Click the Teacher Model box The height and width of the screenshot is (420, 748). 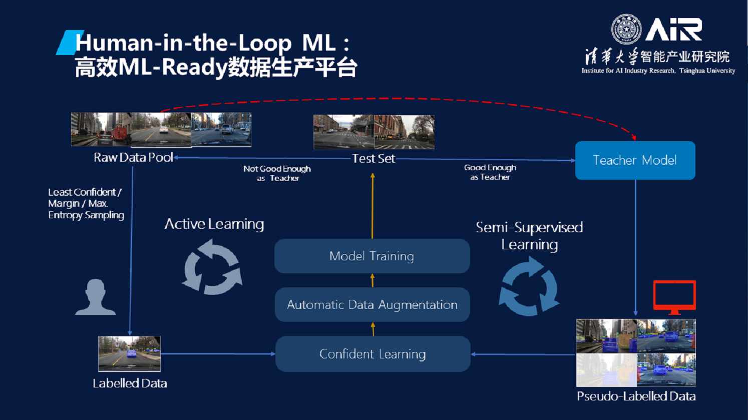(635, 160)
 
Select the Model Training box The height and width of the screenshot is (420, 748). (371, 256)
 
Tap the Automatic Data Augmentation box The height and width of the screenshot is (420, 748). (372, 304)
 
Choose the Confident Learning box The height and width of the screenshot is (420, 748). (372, 354)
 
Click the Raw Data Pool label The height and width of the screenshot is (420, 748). (133, 157)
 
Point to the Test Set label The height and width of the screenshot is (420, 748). (373, 158)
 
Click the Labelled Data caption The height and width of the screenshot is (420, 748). (130, 383)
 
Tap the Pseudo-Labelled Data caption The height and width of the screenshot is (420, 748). (636, 396)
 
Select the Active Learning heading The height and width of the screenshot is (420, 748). (214, 224)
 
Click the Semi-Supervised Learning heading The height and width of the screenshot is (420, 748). (529, 235)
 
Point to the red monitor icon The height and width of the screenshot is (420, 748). (674, 296)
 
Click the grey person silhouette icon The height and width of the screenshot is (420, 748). (95, 297)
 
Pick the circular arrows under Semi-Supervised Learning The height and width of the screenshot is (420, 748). (529, 287)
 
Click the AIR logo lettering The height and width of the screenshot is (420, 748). (673, 30)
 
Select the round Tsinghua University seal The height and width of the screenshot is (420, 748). (626, 29)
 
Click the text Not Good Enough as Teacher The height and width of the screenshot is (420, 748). (277, 173)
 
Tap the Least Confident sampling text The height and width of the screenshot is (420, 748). (86, 203)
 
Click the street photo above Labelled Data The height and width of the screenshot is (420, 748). (129, 353)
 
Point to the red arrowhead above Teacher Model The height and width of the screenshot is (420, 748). (634, 137)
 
